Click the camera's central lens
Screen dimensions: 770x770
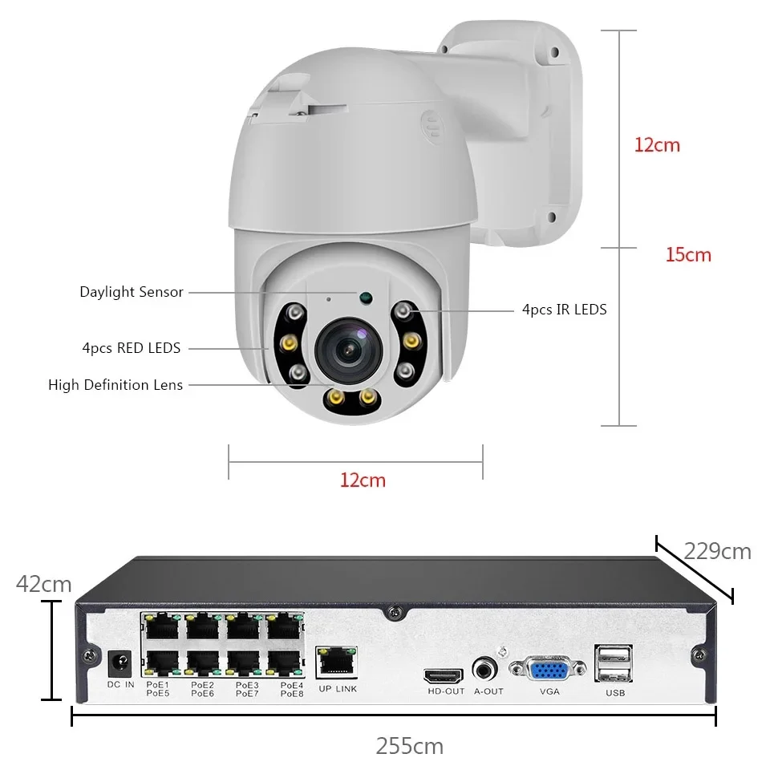[346, 346]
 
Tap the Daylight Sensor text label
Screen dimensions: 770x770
[132, 292]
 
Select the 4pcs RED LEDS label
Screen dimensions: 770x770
[132, 348]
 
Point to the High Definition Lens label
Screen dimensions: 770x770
[115, 385]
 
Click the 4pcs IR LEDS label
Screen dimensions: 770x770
[565, 309]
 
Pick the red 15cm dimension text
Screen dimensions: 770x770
[688, 255]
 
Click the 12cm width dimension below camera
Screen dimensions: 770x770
[363, 480]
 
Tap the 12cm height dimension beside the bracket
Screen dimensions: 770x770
[657, 145]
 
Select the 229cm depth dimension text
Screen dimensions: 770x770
[717, 552]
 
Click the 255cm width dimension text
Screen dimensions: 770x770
[409, 746]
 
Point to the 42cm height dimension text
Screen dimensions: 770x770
[44, 584]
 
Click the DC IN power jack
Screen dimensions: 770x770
[120, 663]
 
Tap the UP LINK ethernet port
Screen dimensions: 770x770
[337, 661]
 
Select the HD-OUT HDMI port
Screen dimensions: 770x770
[444, 675]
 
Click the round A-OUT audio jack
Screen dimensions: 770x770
[484, 669]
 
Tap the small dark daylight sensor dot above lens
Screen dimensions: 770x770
[367, 298]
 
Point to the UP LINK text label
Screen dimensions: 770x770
[337, 689]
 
